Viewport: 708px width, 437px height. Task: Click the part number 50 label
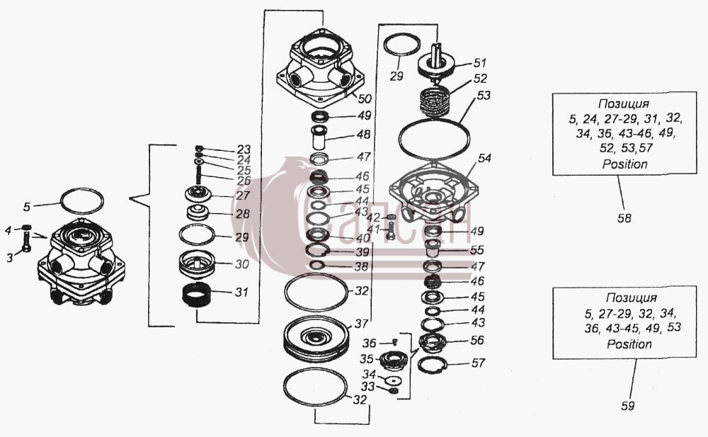click(x=365, y=98)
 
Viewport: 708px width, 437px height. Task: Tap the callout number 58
click(x=624, y=218)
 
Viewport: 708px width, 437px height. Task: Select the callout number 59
click(x=627, y=405)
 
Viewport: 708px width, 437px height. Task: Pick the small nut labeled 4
click(x=26, y=227)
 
